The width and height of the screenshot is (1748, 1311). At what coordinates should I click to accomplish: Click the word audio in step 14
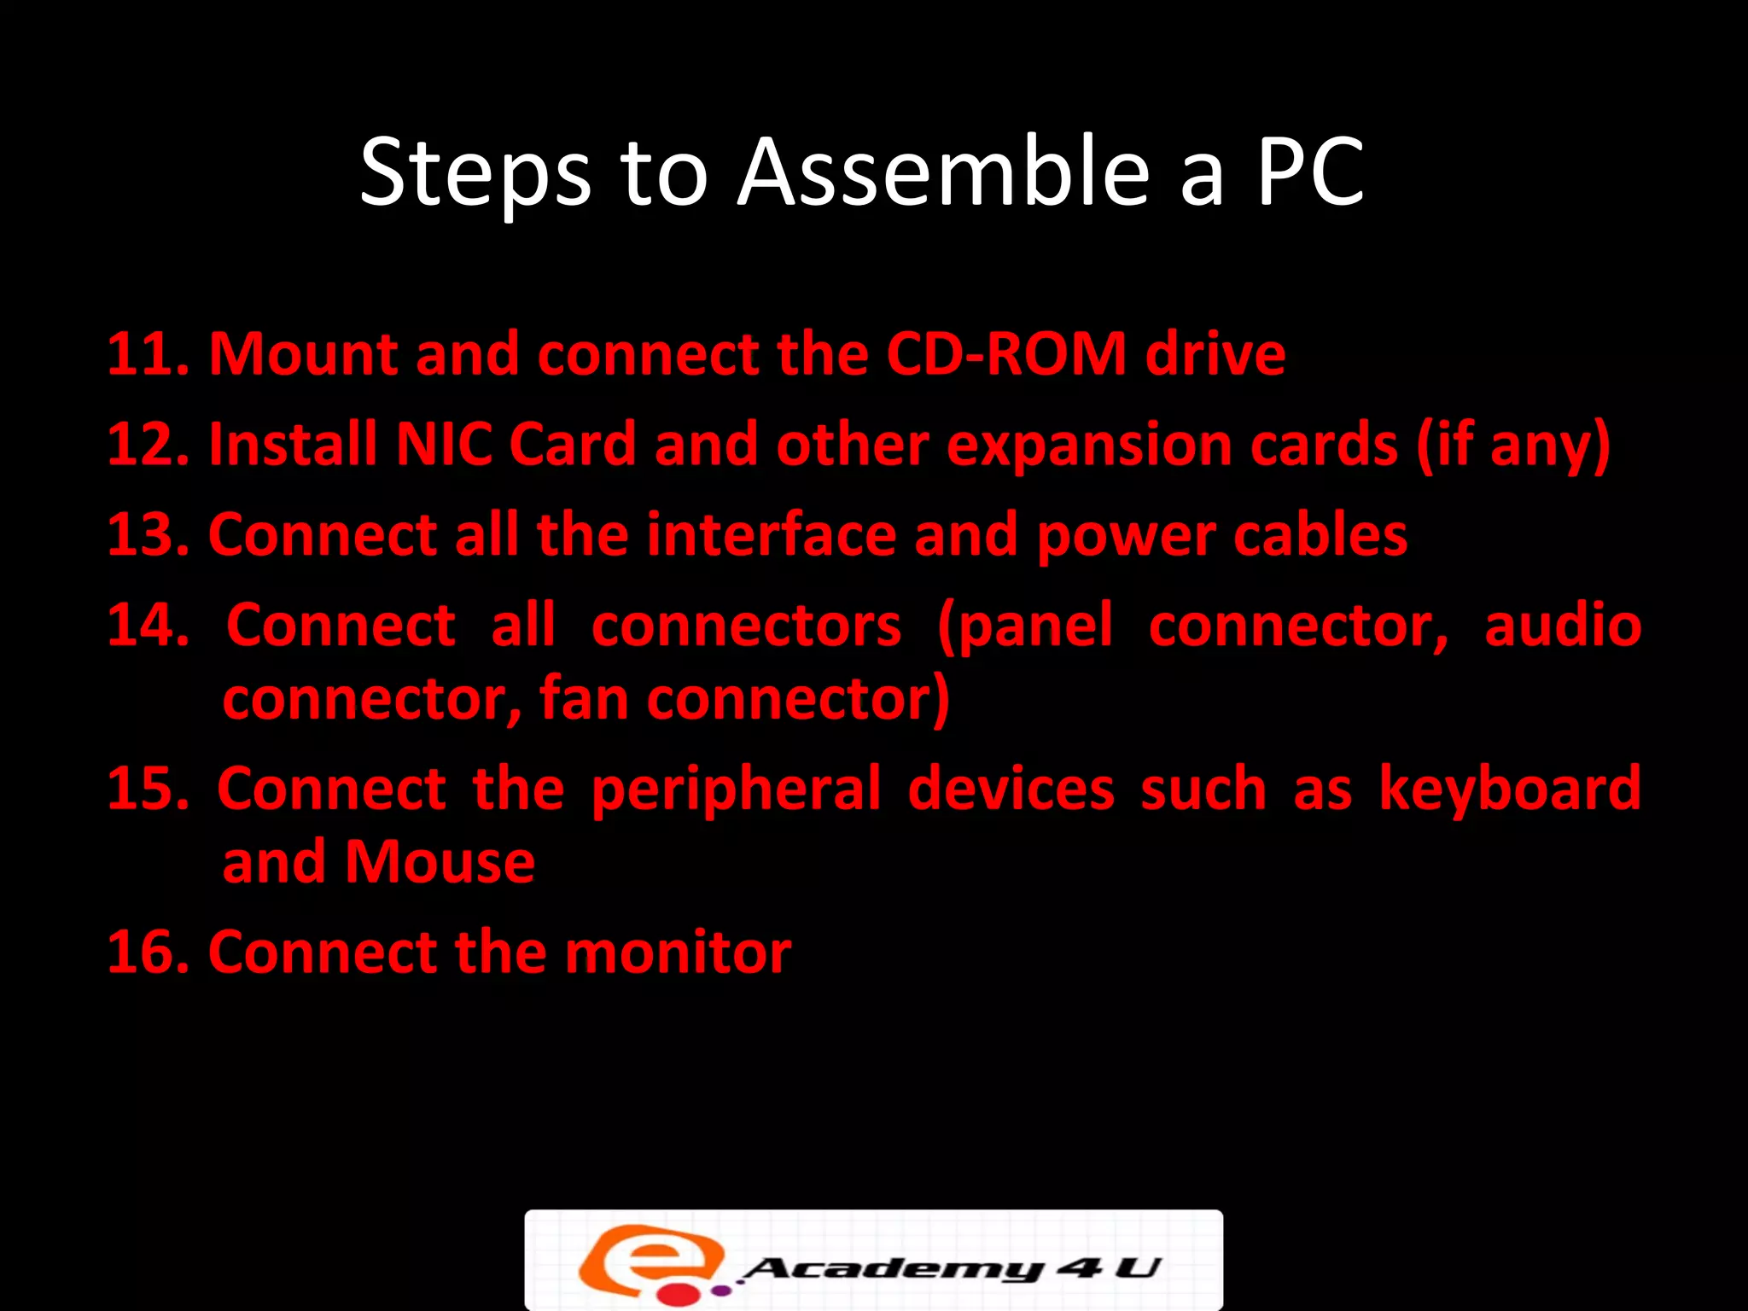click(1563, 625)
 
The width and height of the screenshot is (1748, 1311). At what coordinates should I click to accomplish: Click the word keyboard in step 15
click(1510, 789)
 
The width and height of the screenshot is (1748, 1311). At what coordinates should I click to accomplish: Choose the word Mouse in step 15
click(440, 862)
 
